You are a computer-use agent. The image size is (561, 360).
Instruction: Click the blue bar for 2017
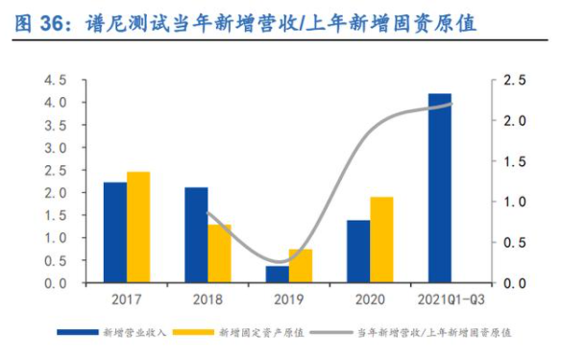click(x=115, y=232)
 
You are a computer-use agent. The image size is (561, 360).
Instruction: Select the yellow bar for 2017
click(x=139, y=228)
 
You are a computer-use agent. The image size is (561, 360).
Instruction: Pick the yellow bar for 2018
click(x=220, y=253)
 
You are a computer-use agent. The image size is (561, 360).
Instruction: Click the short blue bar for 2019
click(x=278, y=275)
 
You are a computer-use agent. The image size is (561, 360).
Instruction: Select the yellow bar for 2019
click(x=301, y=266)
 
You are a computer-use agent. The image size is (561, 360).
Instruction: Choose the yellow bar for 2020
click(x=381, y=240)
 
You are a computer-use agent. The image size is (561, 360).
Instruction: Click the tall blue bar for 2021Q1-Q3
click(x=439, y=188)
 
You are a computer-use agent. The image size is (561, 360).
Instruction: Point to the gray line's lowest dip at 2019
click(x=278, y=262)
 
